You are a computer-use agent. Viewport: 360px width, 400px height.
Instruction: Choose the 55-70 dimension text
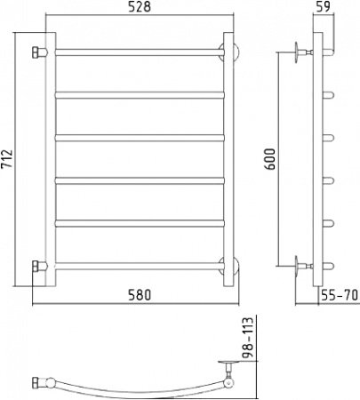point(339,295)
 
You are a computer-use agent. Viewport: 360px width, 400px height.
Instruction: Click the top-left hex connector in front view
point(37,52)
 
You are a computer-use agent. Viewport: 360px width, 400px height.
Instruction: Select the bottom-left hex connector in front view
point(37,265)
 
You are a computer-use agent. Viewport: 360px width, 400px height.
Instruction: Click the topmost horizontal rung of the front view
point(138,52)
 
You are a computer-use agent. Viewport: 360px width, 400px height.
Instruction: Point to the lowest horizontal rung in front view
point(138,265)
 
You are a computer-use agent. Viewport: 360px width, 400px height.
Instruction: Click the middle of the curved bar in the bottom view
point(133,390)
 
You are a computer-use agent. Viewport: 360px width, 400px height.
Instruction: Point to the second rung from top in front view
point(138,94)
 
